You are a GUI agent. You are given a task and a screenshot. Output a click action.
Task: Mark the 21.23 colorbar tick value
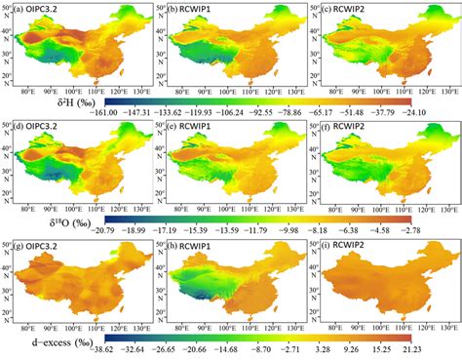(x=423, y=350)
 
